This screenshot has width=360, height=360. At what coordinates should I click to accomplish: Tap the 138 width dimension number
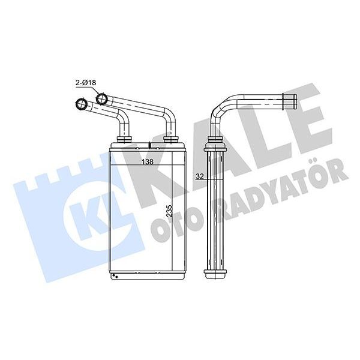tap(146, 161)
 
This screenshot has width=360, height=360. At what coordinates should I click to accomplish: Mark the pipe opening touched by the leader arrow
tap(103, 97)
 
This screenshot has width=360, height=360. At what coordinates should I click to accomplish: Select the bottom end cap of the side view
tap(217, 274)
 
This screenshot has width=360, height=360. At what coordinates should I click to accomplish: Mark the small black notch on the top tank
tap(149, 144)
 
